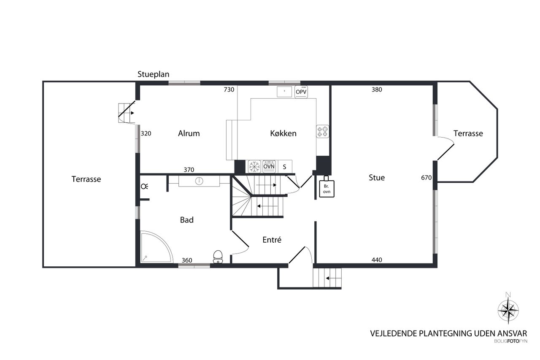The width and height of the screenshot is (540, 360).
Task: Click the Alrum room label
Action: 189,133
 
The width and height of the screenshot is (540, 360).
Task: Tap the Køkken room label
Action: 283,133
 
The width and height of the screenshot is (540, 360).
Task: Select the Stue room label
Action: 377,178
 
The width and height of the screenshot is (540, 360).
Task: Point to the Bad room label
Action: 187,220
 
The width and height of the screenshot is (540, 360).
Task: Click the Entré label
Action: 272,240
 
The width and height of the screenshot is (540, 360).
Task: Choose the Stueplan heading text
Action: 153,74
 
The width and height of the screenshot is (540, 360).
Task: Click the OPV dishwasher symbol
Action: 301,92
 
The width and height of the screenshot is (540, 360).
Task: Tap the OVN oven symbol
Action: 269,166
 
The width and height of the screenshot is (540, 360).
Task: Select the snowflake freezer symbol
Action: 254,166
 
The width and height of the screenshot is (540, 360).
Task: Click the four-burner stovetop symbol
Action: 323,132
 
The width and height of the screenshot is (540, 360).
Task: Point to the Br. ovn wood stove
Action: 327,187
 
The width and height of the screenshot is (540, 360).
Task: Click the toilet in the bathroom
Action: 218,257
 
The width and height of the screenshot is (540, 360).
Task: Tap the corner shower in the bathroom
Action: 156,246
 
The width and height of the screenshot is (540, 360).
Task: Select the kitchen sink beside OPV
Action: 284,92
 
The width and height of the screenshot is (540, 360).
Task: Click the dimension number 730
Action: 229,90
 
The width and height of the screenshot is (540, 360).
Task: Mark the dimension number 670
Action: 426,178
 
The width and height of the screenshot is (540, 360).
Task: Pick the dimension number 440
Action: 377,260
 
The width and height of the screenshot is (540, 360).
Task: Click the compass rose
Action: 508,310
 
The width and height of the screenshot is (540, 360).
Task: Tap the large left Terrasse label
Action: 86,179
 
